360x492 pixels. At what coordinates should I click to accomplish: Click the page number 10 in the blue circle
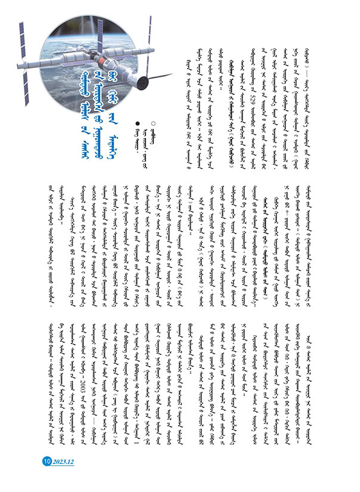46,461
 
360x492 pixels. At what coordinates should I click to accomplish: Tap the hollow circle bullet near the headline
154,123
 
